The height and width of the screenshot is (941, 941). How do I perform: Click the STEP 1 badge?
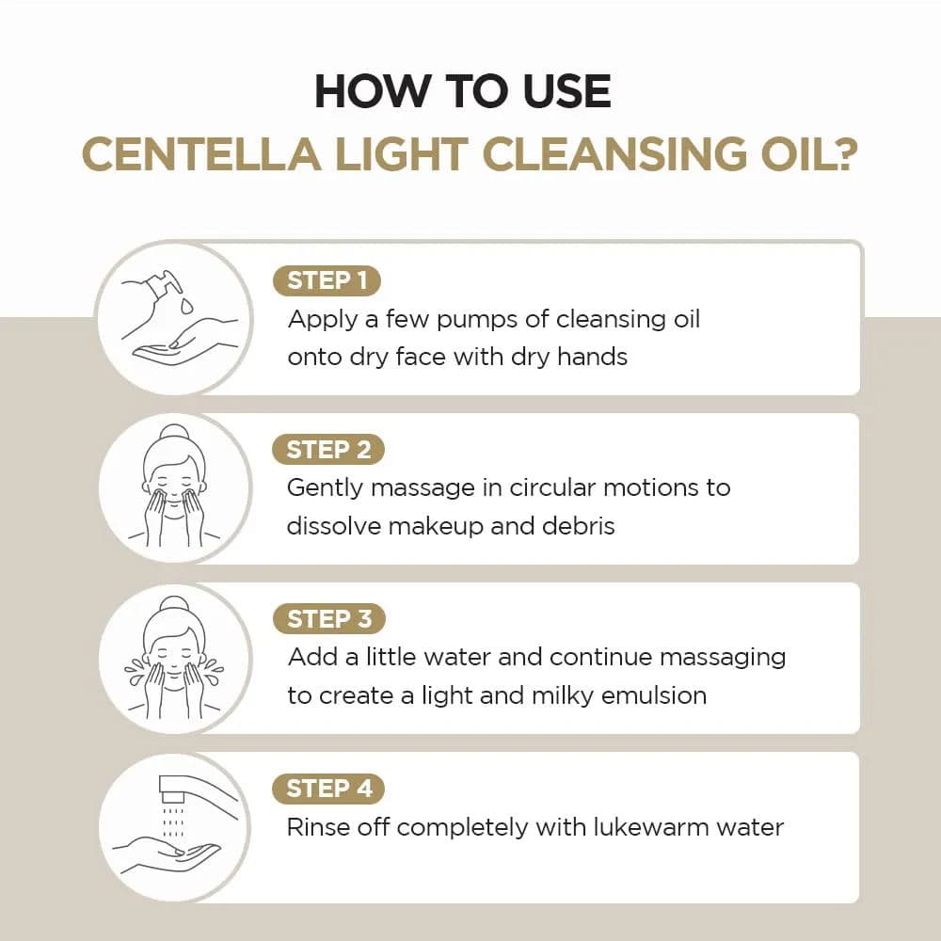(327, 280)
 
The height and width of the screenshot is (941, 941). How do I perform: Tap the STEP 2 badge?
(328, 450)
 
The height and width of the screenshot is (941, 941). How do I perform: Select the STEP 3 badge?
(328, 619)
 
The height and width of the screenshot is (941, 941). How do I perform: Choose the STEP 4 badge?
(328, 789)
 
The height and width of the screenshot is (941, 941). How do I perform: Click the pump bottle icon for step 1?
(174, 315)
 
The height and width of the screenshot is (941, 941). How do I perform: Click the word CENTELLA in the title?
(200, 154)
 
